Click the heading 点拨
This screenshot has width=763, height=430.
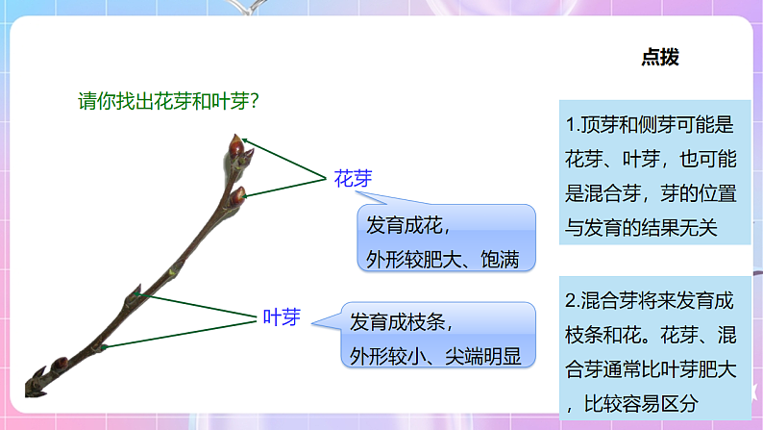pyautogui.click(x=659, y=58)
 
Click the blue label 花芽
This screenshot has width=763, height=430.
pyautogui.click(x=353, y=178)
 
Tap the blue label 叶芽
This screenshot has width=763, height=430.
pyautogui.click(x=283, y=317)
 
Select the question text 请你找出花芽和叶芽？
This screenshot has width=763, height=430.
pyautogui.click(x=172, y=100)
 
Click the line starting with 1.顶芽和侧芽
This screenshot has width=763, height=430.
pyautogui.click(x=650, y=124)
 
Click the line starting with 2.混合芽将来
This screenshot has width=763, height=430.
pyautogui.click(x=650, y=300)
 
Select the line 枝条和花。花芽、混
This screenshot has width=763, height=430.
pyautogui.click(x=650, y=335)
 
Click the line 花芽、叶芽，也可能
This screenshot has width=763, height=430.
pyautogui.click(x=651, y=159)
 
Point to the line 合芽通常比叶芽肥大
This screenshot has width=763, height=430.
pyautogui.click(x=650, y=369)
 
